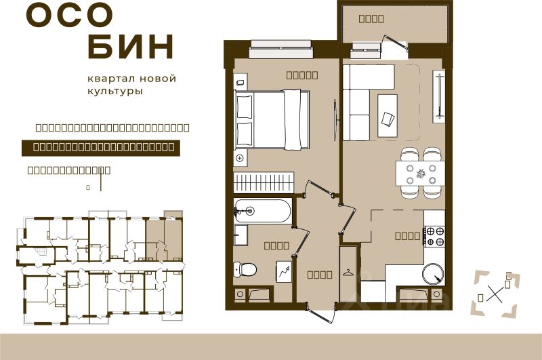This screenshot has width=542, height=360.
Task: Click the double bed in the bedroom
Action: pos(271,119)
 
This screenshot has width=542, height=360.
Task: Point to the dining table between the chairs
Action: pos(420,172)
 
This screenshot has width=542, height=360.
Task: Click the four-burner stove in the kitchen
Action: pos(434,236)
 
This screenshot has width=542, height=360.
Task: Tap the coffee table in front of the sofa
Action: pos(388,115)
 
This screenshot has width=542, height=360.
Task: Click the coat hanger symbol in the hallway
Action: pos(349,272)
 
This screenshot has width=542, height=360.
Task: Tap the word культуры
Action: pos(114,92)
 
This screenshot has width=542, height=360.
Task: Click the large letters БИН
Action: pos(131,47)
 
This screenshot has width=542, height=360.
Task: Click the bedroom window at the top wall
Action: pos(280,46)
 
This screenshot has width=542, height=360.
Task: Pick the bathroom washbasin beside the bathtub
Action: pos(241,235)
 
